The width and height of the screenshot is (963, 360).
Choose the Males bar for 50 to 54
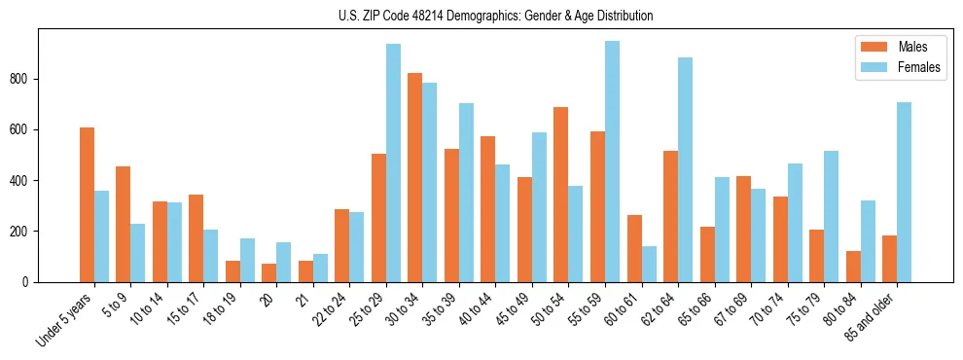561,195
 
